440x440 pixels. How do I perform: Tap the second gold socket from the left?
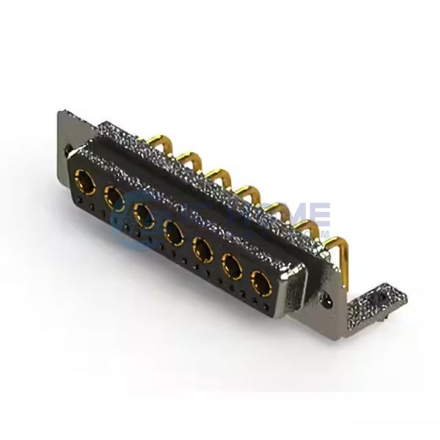[x=114, y=194]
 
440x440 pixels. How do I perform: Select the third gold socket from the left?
[x=144, y=213]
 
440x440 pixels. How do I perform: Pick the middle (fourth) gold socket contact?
[x=174, y=233]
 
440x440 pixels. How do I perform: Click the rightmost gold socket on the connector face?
[x=260, y=283]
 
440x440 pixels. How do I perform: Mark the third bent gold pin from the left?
[x=216, y=173]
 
